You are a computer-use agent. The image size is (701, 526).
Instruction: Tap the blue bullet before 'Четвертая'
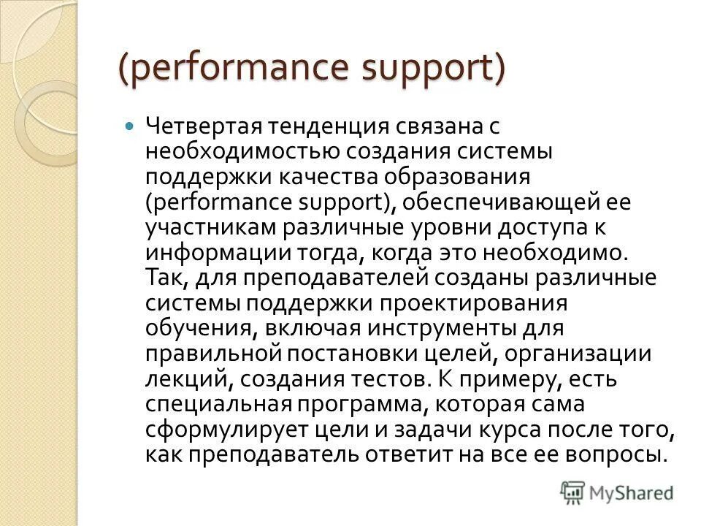(x=131, y=126)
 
